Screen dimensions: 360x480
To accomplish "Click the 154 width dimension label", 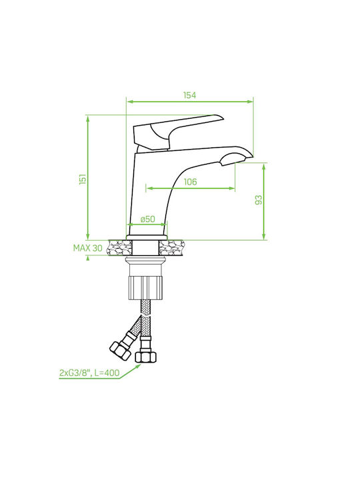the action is (x=189, y=95).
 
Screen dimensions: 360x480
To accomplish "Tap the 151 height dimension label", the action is (x=83, y=179).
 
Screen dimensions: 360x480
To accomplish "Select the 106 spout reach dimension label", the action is (x=190, y=182).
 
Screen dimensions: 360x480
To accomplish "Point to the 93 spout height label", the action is (x=259, y=200).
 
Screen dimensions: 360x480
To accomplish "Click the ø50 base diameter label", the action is (x=147, y=219).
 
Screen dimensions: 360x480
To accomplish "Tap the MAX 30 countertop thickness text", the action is (x=87, y=248).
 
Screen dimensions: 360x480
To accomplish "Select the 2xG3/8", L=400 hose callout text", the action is (x=89, y=373).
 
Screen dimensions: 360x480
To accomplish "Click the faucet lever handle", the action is (x=171, y=131).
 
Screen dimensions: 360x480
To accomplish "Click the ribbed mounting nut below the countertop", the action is (x=145, y=287).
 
